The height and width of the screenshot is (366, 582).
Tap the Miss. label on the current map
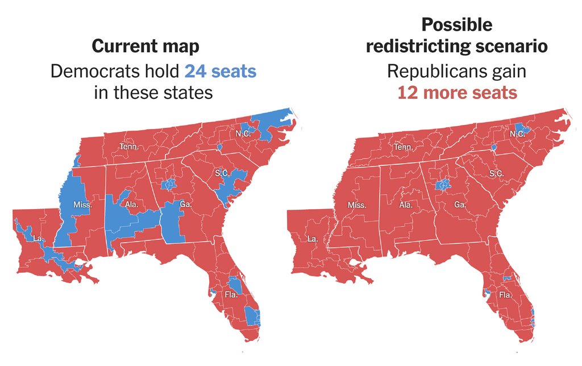82,204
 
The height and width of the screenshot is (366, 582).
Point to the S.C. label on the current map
223,172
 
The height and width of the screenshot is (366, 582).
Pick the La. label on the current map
38,238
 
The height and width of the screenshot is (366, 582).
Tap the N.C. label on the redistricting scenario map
517,134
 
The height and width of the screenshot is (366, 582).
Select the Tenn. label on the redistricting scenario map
403,147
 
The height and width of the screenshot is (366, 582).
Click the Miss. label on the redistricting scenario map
357,205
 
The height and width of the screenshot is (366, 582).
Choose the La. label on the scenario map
313,239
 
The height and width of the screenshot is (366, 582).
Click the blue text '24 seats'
220,72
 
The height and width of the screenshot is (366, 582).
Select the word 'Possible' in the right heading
456,25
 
